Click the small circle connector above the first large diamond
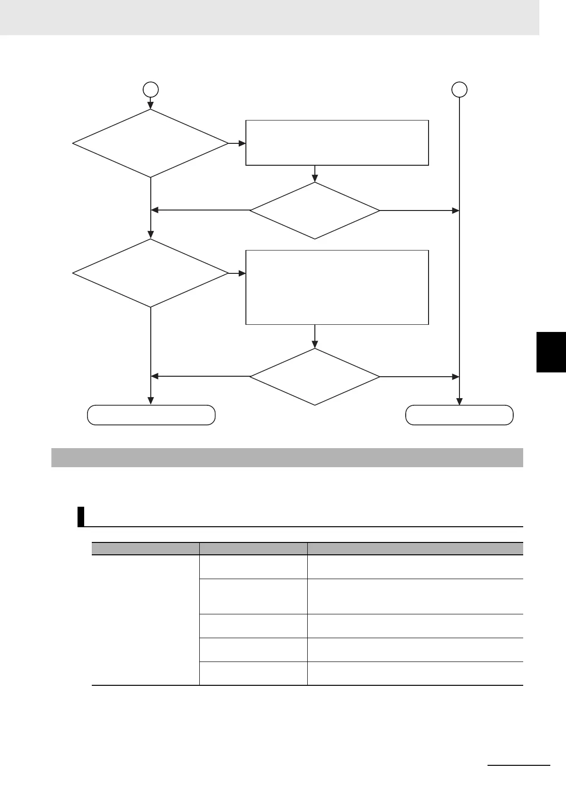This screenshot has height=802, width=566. [x=151, y=90]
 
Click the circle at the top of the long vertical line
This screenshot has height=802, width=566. [x=459, y=89]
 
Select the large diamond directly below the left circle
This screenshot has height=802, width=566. [x=151, y=143]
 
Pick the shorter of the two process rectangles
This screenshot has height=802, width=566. [x=337, y=143]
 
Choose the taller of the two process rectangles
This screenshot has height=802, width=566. [x=337, y=287]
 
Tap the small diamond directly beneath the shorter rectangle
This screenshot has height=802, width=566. [x=315, y=211]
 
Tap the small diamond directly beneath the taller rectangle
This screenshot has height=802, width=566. [x=315, y=377]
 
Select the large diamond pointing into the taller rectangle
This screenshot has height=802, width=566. [x=151, y=273]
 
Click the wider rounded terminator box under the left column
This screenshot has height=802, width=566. [x=151, y=415]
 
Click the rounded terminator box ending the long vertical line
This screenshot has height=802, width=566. [x=459, y=415]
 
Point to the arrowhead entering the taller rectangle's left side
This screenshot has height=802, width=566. [x=243, y=273]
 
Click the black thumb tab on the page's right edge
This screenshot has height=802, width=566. [x=551, y=352]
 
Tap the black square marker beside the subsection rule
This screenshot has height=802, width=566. [x=81, y=517]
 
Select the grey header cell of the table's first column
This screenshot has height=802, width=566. [x=145, y=549]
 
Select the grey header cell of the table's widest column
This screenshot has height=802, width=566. [x=415, y=549]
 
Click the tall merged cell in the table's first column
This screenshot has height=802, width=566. [x=145, y=620]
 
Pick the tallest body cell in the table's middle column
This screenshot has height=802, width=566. [x=253, y=596]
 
